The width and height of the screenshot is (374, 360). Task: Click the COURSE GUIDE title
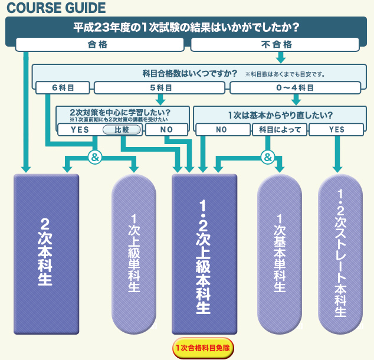(57, 8)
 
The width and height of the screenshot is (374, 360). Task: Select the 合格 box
(98, 44)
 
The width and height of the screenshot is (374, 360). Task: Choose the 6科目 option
(63, 88)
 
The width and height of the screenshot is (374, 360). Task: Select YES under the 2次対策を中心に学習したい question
(79, 129)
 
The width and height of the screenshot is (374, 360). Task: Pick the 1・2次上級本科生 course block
(204, 254)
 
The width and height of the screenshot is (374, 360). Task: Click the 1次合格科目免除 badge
(204, 348)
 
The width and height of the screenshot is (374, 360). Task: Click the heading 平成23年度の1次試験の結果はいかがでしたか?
(186, 28)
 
